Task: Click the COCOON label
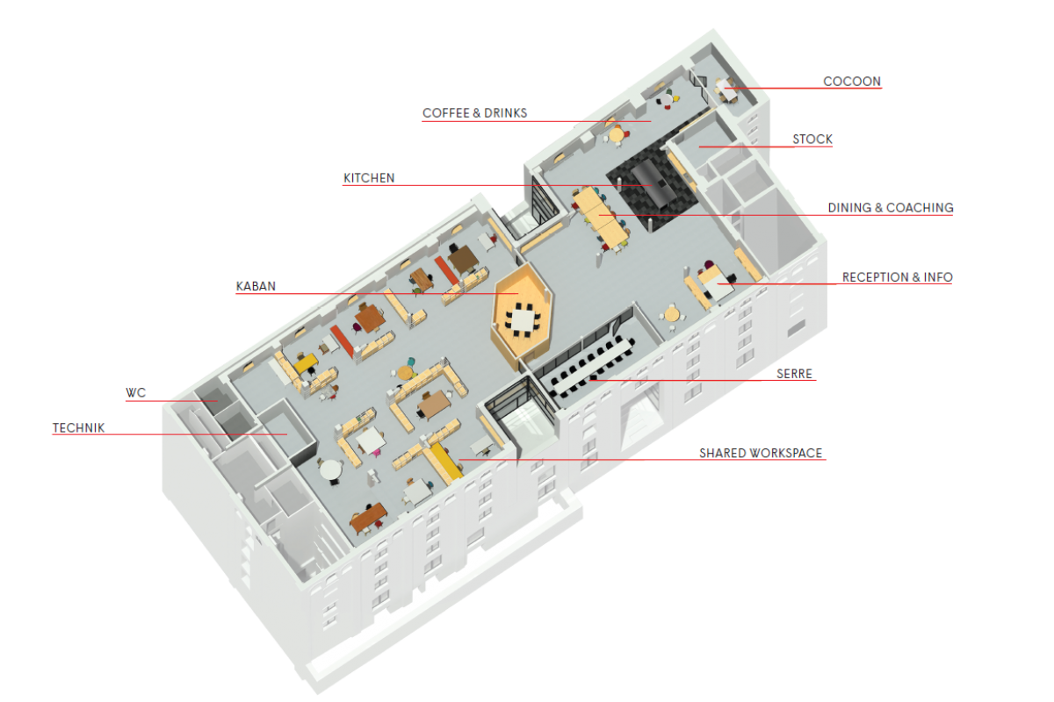coord(851,82)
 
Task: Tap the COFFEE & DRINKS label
coord(474,113)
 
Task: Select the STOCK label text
coord(812,140)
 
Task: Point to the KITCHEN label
coord(369,178)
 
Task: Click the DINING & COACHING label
coord(890,208)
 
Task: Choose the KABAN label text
coord(256,286)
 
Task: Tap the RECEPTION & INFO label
coord(897,277)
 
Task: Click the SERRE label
coord(795,373)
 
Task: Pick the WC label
coord(135,393)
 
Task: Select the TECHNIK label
coord(79,428)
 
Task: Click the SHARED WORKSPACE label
coord(761,454)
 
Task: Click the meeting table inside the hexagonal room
coord(524,318)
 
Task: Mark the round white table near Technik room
coord(330,471)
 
